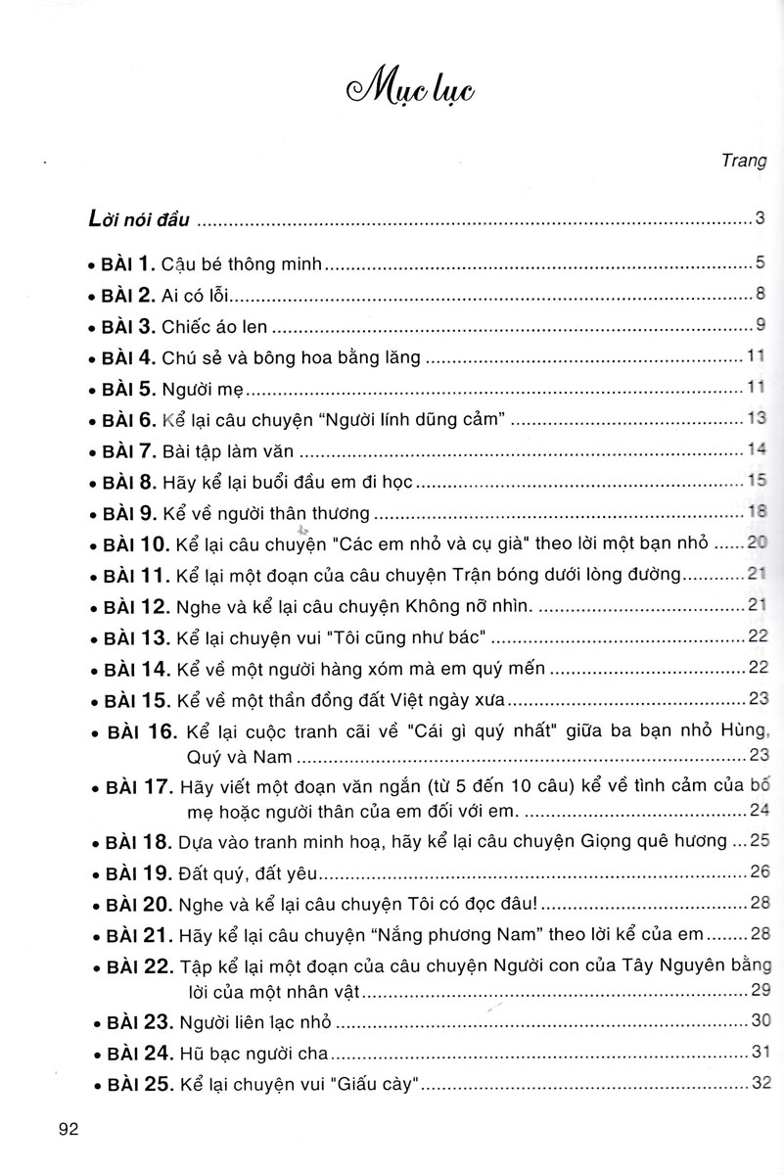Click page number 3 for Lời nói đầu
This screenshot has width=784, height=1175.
(759, 219)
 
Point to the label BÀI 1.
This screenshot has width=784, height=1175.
(127, 262)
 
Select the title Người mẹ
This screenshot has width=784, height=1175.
(201, 389)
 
